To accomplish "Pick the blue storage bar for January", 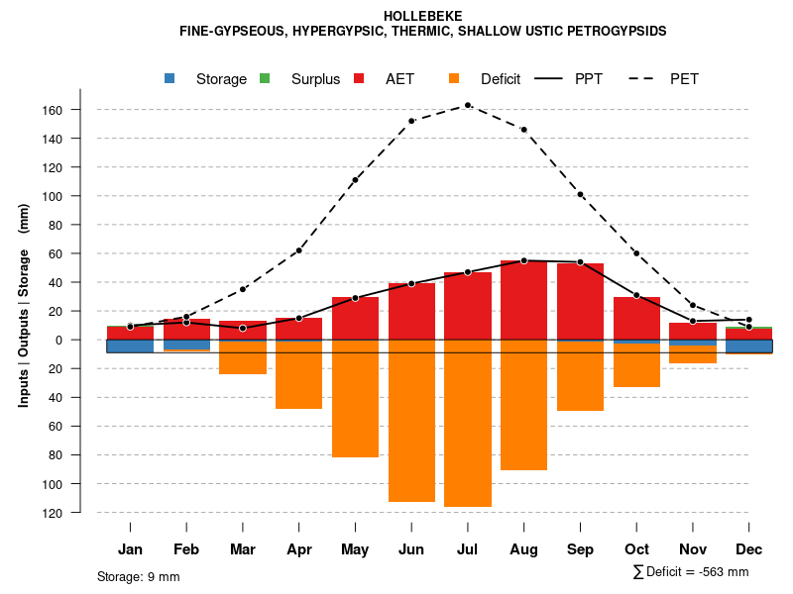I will [130, 346].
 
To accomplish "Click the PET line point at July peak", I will [468, 105].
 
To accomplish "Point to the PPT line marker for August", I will [523, 260].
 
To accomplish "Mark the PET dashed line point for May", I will [355, 180].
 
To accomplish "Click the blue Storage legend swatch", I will [170, 78].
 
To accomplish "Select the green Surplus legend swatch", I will [265, 78].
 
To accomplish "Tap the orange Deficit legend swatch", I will [454, 78].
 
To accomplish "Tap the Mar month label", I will [242, 549].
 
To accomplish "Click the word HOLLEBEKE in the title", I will [423, 17].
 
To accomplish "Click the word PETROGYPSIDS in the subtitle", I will [617, 31].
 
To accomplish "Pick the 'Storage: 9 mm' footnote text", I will [139, 576].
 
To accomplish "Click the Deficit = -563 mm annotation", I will [691, 572].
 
